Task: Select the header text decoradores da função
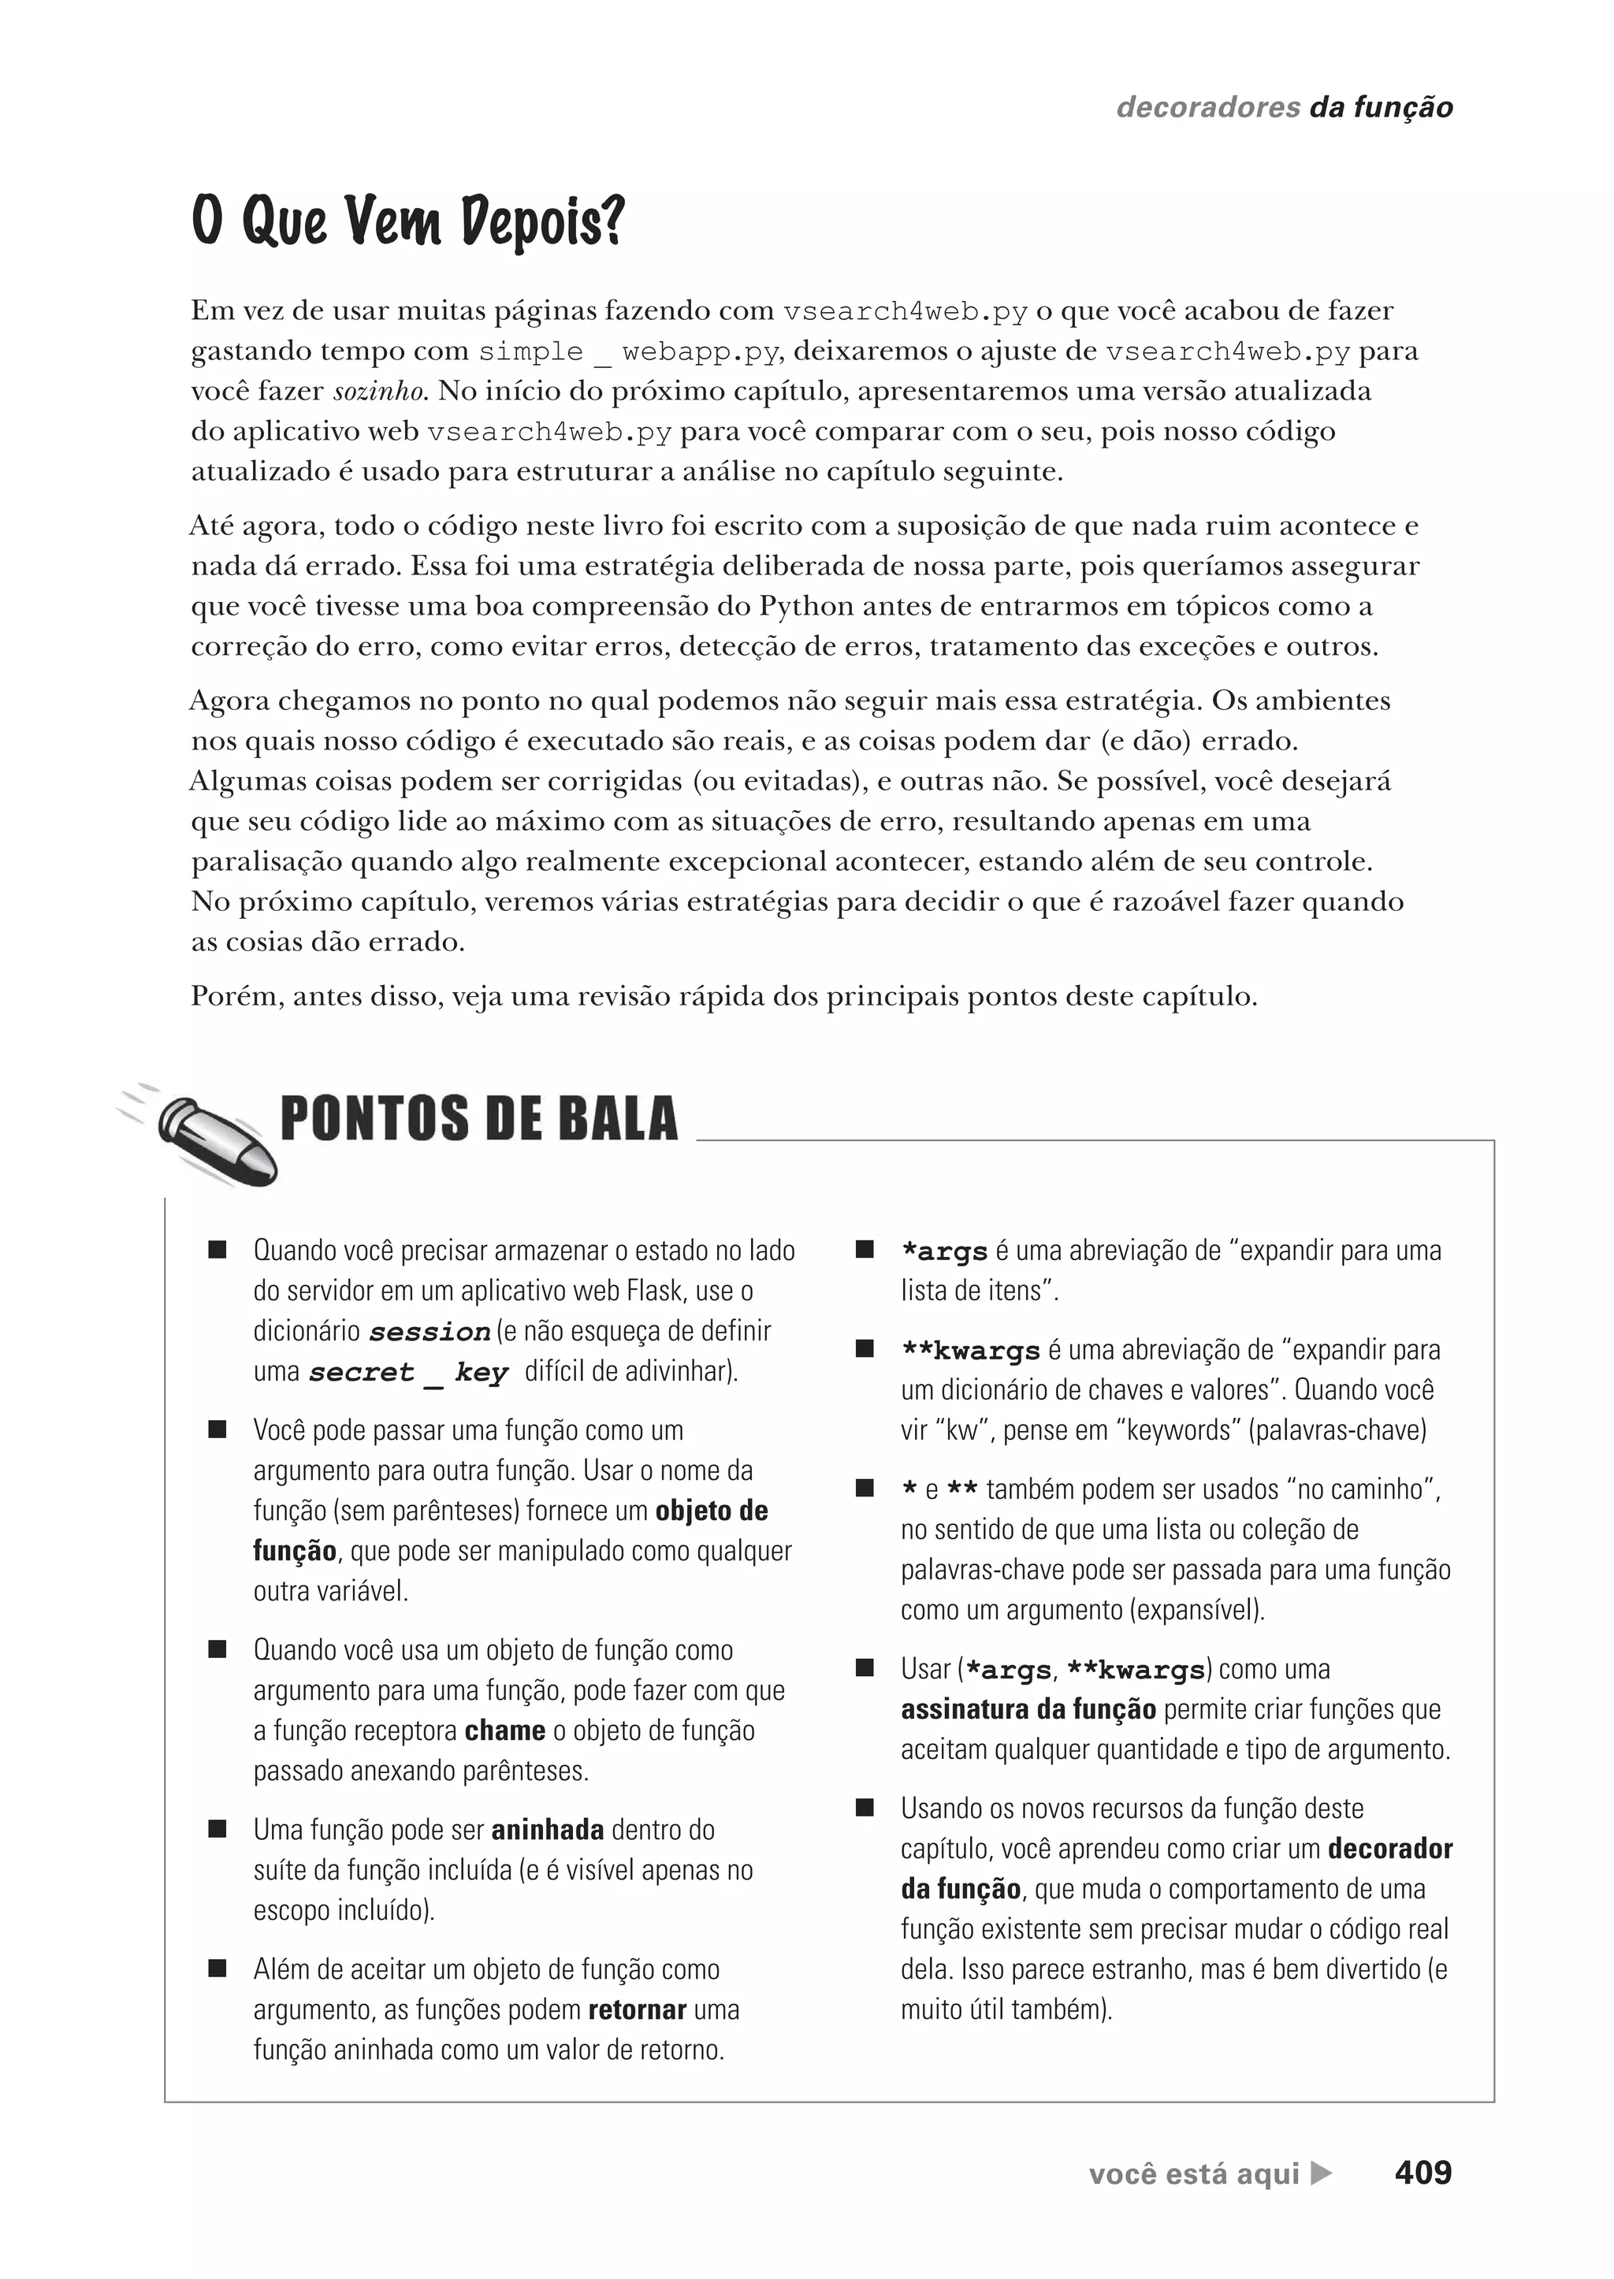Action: coord(1284,107)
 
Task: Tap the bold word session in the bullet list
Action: coord(430,1332)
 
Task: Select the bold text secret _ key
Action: coord(408,1373)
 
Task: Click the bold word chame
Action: coord(505,1731)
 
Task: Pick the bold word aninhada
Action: coord(548,1830)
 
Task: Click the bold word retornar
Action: coord(637,2009)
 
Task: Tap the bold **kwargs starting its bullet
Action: coord(970,1351)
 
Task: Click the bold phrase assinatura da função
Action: coord(1028,1709)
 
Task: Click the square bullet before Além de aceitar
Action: coord(218,1969)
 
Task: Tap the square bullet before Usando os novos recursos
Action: coord(865,1808)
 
